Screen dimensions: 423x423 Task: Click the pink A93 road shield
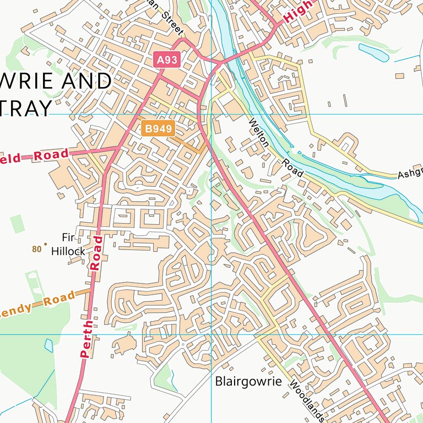tap(167, 59)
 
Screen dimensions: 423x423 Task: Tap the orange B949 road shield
tap(158, 129)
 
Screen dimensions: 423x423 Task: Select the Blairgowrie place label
tap(248, 381)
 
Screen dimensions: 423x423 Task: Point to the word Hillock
tap(68, 252)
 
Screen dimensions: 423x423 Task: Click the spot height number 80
tap(37, 249)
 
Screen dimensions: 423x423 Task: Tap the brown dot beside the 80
tap(45, 244)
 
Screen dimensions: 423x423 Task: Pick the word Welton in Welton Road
tap(259, 133)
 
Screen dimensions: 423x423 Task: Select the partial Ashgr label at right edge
tap(410, 174)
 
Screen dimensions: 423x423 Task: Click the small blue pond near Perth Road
tap(48, 345)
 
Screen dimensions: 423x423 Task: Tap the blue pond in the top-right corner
tap(374, 52)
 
